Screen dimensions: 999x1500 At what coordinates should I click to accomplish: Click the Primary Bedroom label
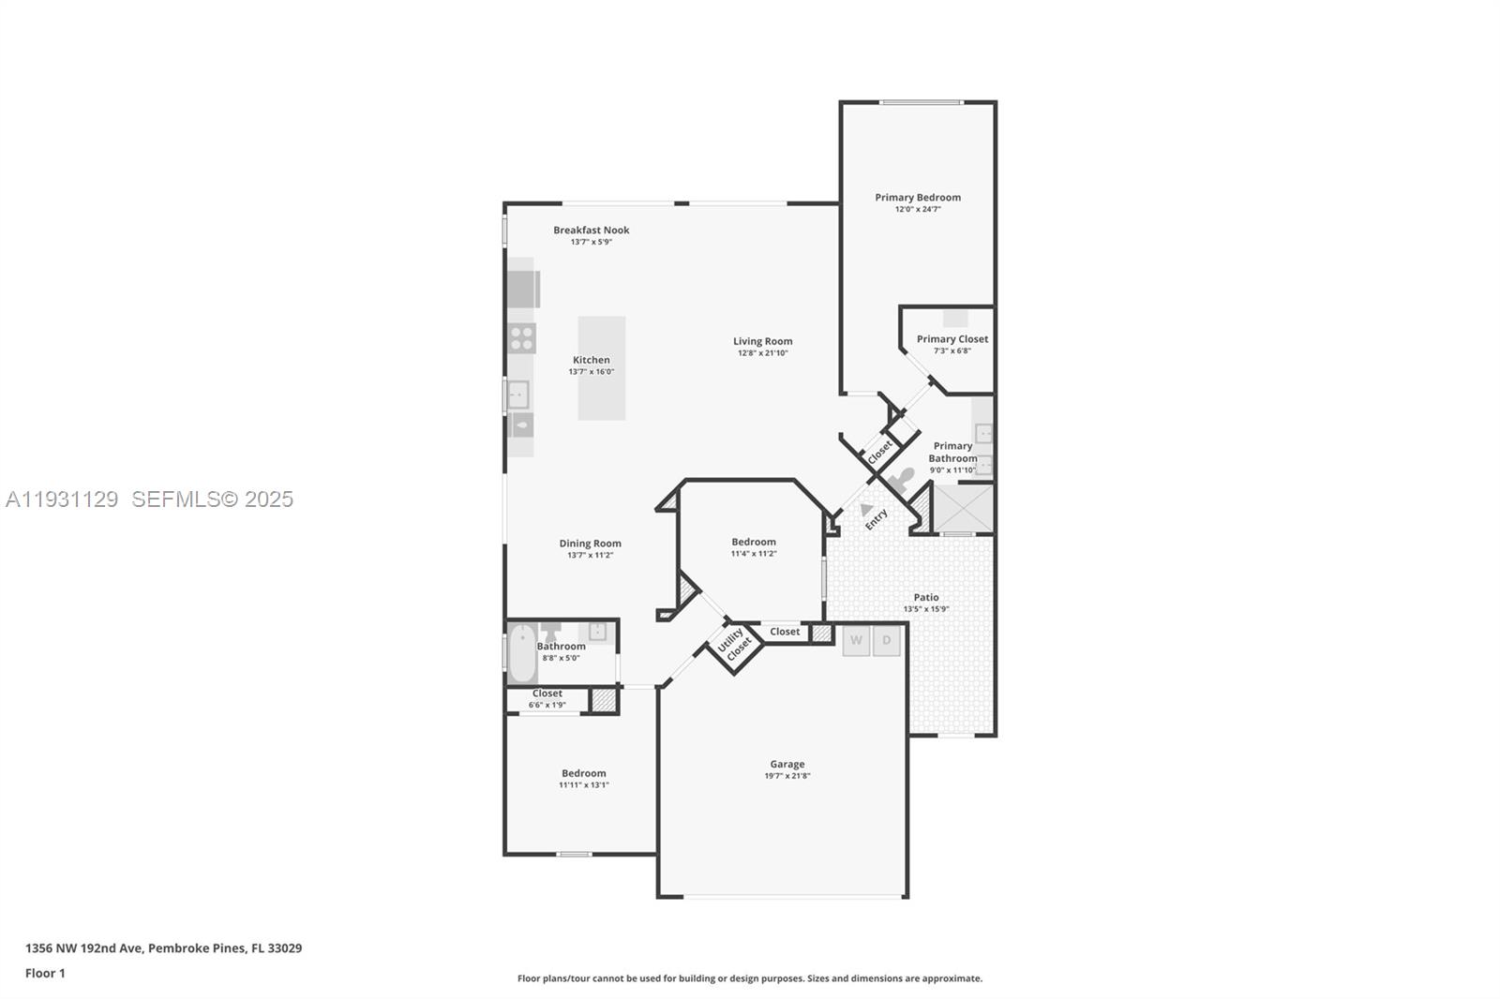tap(917, 198)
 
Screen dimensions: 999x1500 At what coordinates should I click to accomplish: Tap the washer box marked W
tap(856, 641)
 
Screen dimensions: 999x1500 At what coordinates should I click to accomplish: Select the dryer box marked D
tap(887, 641)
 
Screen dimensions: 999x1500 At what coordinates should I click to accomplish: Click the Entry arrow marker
tap(866, 509)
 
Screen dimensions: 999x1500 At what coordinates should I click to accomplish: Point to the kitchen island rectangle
tap(601, 368)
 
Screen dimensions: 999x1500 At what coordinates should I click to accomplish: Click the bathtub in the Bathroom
tap(522, 653)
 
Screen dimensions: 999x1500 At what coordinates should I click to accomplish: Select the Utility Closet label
tap(734, 644)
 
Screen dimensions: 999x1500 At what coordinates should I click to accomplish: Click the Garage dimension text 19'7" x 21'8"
tap(787, 776)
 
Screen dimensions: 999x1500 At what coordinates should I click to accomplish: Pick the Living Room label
tap(762, 342)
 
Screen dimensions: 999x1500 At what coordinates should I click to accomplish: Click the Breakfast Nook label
tap(591, 231)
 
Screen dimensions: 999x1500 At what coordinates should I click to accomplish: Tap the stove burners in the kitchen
tap(522, 338)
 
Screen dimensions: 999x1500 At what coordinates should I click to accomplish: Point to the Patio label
tap(925, 597)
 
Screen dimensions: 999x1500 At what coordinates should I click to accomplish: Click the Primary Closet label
tap(952, 339)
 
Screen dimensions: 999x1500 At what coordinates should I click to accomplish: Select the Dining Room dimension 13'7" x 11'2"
tap(590, 556)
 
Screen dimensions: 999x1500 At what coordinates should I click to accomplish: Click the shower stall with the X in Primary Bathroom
tap(963, 508)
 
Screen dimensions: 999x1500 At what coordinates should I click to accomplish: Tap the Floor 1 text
tap(45, 973)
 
